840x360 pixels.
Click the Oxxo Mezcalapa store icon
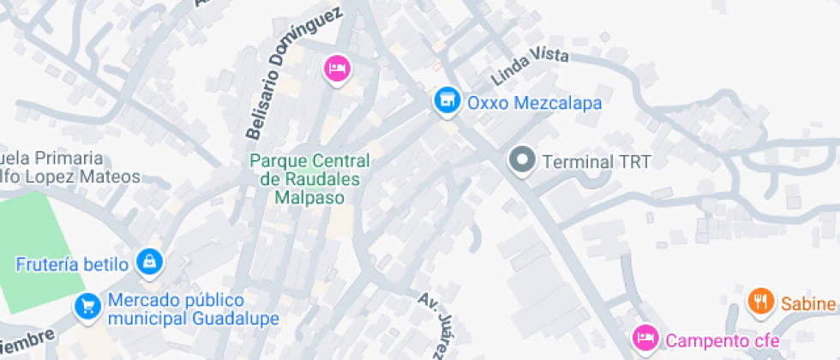tap(444, 102)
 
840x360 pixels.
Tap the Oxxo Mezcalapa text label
tap(533, 103)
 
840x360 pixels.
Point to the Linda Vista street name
tap(530, 67)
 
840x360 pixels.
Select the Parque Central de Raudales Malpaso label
tap(309, 179)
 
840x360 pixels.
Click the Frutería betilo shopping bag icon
tap(150, 261)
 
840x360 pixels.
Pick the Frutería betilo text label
tap(72, 263)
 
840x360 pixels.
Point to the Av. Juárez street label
tap(432, 324)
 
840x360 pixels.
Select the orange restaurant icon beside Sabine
tap(759, 301)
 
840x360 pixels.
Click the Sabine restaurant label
tap(809, 303)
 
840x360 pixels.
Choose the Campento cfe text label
tap(722, 340)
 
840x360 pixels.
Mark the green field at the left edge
tap(34, 249)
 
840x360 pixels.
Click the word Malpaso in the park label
tap(309, 197)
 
